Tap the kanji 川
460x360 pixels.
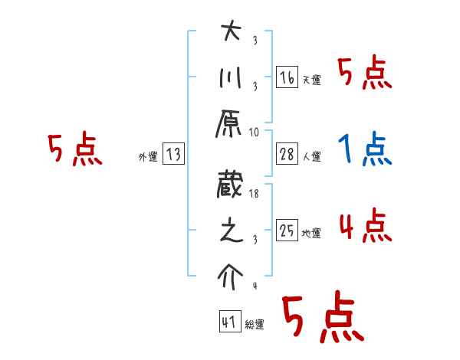231,77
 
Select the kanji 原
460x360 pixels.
228,124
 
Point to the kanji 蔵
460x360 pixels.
229,185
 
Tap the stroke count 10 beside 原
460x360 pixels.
254,133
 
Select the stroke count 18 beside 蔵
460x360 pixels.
254,194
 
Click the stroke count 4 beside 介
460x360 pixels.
255,286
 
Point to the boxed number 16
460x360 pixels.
287,77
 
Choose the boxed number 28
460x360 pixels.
287,154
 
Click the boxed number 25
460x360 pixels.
287,230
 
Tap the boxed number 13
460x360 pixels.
173,153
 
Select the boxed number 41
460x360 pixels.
230,321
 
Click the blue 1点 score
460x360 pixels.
365,149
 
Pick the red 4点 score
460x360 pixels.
366,225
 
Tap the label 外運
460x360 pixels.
148,157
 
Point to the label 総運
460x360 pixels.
255,325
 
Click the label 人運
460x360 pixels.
312,156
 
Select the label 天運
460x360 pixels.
312,80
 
